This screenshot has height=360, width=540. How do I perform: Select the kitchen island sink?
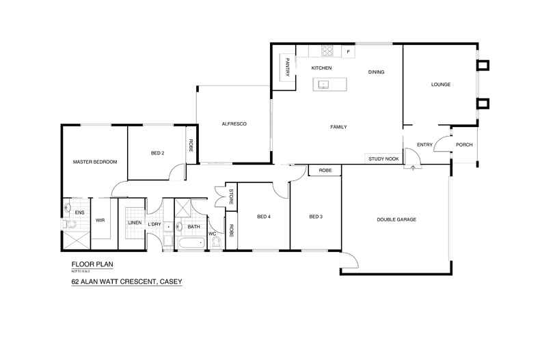[x=323, y=85]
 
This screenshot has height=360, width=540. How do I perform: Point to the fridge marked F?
[x=348, y=51]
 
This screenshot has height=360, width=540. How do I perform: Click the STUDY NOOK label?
[x=383, y=158]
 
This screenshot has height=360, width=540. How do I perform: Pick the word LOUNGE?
[x=440, y=85]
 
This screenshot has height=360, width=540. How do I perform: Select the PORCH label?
[x=464, y=144]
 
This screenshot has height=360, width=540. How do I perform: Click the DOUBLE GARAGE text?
[x=396, y=219]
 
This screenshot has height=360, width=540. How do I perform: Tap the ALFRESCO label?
[x=234, y=124]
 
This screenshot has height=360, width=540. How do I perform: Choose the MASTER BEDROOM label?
[x=95, y=162]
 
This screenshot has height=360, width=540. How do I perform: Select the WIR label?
[x=100, y=220]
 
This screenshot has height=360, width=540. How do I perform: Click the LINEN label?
[x=134, y=223]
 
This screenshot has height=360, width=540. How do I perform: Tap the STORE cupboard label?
[x=231, y=196]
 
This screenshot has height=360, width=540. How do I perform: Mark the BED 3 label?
[x=315, y=217]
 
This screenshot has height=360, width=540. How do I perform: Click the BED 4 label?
[x=264, y=217]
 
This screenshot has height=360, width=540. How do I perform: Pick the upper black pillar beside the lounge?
[x=483, y=66]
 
